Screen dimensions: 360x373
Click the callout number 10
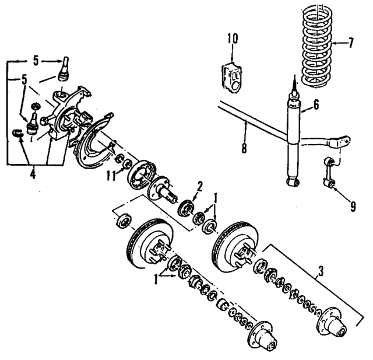click(x=233, y=39)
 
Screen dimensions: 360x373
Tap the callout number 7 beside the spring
click(x=351, y=42)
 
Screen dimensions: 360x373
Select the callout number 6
click(x=316, y=106)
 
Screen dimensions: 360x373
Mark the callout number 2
click(x=199, y=186)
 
